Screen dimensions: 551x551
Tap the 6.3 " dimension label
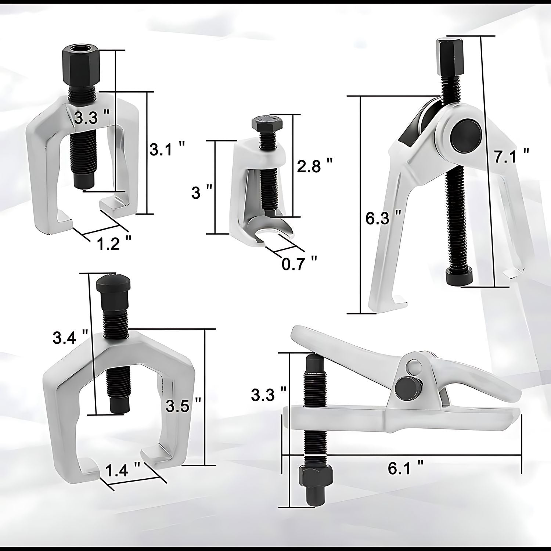[x=383, y=219]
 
